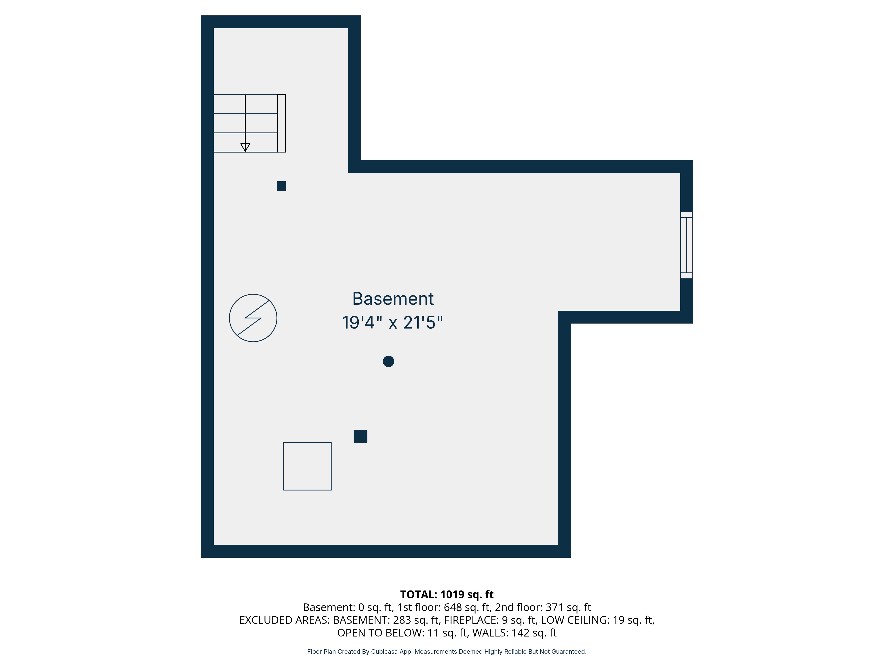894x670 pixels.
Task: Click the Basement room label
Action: click(393, 299)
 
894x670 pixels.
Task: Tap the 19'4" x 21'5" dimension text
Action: click(392, 323)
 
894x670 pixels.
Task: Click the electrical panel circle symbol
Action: click(253, 318)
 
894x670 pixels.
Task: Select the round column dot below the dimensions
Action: click(388, 361)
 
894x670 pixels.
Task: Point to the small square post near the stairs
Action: click(281, 186)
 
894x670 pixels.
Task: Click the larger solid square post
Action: click(361, 437)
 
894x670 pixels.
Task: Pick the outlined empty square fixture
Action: click(307, 467)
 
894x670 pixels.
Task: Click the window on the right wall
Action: click(686, 245)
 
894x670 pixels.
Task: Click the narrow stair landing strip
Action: click(281, 123)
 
